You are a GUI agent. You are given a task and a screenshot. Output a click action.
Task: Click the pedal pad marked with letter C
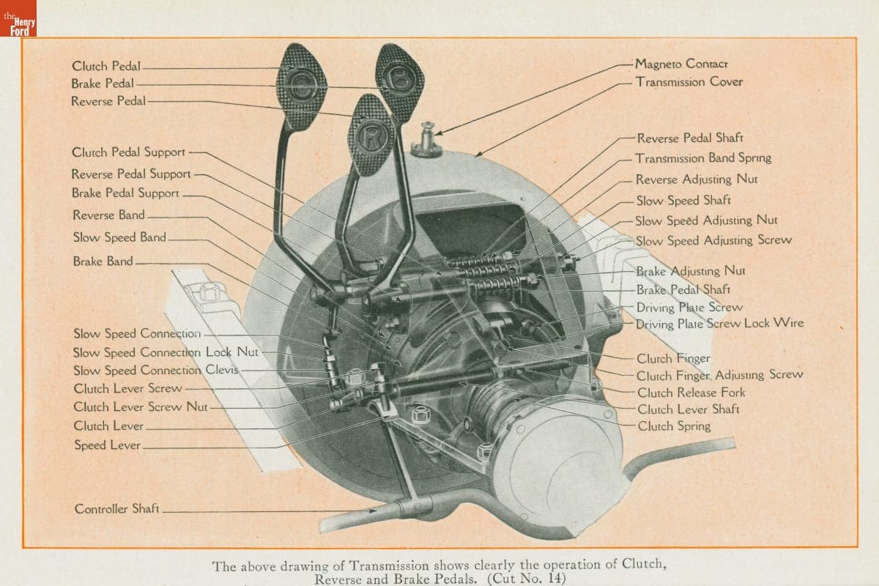(300, 86)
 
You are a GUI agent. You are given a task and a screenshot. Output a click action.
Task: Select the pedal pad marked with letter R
(371, 136)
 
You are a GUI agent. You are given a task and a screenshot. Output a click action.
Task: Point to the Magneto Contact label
(681, 64)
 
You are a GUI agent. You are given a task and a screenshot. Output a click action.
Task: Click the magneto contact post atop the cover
(426, 141)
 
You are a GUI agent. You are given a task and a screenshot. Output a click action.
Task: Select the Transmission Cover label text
(689, 82)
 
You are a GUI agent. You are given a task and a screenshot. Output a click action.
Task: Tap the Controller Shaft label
(116, 508)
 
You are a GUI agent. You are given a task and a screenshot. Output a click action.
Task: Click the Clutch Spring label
(673, 426)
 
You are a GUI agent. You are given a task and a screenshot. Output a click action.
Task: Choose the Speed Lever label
(107, 445)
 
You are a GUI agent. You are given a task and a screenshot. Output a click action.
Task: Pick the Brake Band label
(103, 261)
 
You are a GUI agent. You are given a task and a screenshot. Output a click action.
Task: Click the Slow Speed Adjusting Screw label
(713, 240)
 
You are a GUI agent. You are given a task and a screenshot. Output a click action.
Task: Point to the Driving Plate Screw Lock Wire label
(719, 323)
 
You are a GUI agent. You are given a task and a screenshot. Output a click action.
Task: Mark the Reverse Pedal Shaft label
(690, 138)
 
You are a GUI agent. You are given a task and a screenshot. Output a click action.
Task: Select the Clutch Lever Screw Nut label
(141, 407)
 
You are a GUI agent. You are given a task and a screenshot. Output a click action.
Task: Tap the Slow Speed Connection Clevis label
(155, 370)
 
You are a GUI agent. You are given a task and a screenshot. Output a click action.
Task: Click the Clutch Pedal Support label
(128, 152)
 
